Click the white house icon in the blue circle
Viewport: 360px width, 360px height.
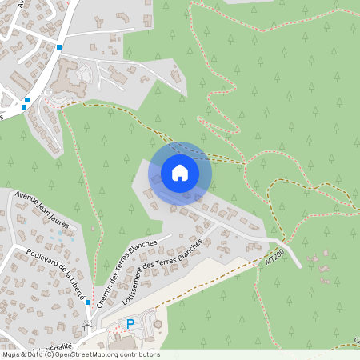click(179, 173)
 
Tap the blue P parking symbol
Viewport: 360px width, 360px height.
click(131, 324)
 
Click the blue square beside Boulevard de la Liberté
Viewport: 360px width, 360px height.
click(88, 302)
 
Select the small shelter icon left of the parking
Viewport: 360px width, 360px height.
click(87, 327)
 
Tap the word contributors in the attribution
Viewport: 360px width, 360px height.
click(140, 354)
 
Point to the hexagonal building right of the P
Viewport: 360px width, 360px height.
click(157, 324)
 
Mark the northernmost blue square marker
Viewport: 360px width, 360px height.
click(59, 47)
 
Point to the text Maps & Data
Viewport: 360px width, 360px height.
click(22, 354)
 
